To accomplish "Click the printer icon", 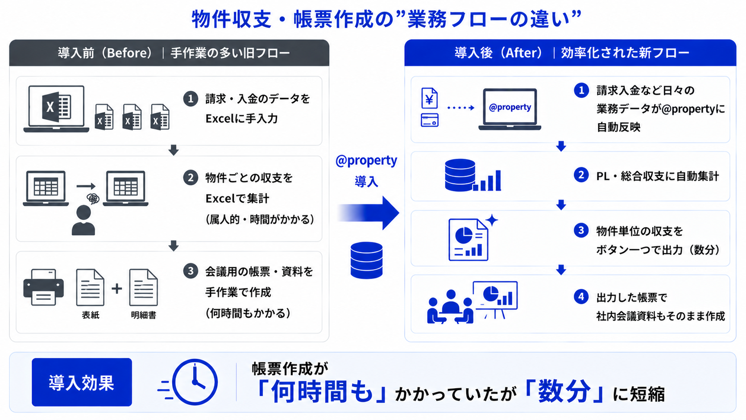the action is point(43,287).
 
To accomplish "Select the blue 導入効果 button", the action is point(82,382).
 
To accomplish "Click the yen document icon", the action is point(430,98).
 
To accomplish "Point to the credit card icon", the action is point(430,120).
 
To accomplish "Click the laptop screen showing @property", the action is point(510,107).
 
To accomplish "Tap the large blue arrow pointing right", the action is point(369,213).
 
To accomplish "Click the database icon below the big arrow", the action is point(366,260).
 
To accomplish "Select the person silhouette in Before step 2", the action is point(83,220).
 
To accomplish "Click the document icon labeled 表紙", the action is point(90,287).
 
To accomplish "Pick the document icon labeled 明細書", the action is point(143,287).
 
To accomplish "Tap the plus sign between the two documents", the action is point(116,288).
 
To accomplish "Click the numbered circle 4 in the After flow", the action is point(581,296).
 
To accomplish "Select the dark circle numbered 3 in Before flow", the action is point(191,271).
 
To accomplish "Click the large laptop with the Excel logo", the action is point(56,109).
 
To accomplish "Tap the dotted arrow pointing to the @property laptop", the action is point(461,108).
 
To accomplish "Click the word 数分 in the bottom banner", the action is point(564,392).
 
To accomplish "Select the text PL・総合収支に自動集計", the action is point(658,176).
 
